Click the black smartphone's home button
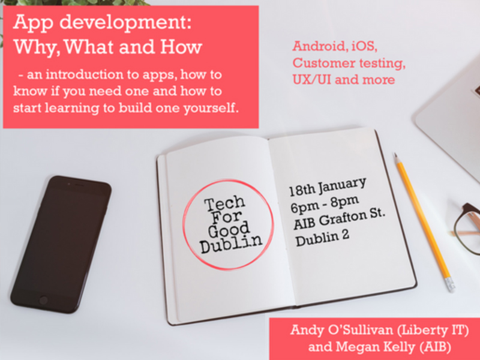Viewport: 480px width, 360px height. (43, 301)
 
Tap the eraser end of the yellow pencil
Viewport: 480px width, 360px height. (450, 284)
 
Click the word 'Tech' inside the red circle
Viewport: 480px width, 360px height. (225, 204)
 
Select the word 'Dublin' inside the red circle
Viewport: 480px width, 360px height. (232, 244)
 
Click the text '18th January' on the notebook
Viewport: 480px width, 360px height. (328, 187)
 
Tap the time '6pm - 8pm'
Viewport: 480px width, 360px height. (325, 204)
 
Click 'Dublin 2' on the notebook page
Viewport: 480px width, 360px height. (322, 238)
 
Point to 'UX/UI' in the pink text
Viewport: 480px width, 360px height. (311, 80)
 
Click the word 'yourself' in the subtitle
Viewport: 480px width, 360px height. (211, 109)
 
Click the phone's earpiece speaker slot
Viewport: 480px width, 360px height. (79, 185)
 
